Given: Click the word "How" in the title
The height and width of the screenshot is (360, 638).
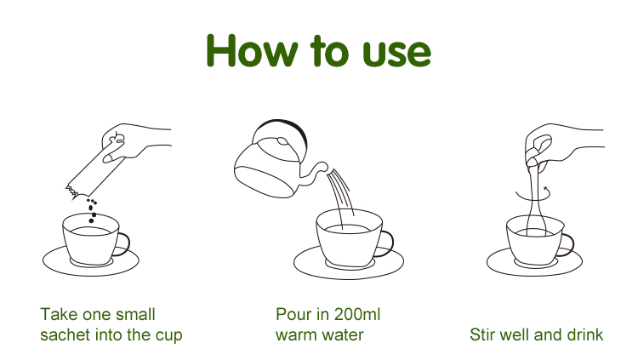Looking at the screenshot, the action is (252, 50).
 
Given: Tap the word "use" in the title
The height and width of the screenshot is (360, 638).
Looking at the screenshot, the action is (396, 54).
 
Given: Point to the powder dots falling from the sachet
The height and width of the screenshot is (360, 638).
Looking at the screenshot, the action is (93, 210).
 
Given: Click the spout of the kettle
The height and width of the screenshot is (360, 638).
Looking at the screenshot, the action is (316, 173).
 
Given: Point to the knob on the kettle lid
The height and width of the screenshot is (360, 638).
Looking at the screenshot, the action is (282, 142).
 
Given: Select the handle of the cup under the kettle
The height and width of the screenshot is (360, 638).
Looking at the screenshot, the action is (386, 243).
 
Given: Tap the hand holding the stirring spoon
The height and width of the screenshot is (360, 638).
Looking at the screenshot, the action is (563, 143).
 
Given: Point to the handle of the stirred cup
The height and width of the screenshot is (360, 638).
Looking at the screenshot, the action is (567, 245).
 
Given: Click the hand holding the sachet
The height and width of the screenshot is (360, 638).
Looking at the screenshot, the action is (136, 142).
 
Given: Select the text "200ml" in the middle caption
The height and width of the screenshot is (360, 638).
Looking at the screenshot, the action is (356, 314).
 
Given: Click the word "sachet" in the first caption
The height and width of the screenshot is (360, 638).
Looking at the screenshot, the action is (66, 334).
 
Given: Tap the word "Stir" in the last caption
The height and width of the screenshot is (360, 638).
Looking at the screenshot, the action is (482, 334).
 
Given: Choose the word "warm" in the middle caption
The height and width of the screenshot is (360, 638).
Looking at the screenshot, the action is (296, 335).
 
